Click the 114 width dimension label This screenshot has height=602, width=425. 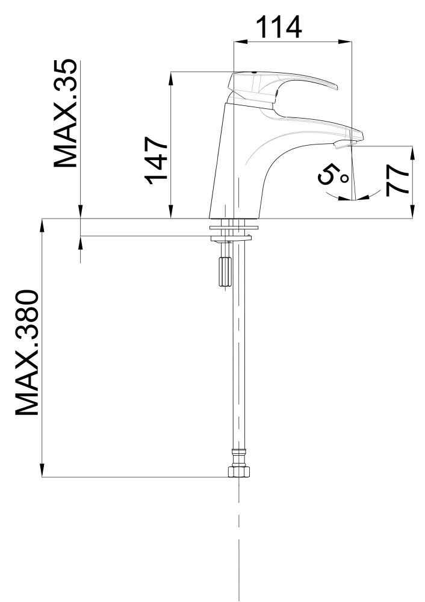coord(279,27)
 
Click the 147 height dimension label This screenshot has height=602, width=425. coord(157,160)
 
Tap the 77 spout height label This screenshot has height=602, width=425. coord(397,181)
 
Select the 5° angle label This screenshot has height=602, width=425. coord(332,176)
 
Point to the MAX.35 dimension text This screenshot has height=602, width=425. coord(65,113)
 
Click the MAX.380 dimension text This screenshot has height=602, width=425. coord(27,353)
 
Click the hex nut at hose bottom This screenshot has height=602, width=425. coord(239,471)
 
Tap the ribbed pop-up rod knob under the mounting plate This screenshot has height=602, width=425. coord(224,272)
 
